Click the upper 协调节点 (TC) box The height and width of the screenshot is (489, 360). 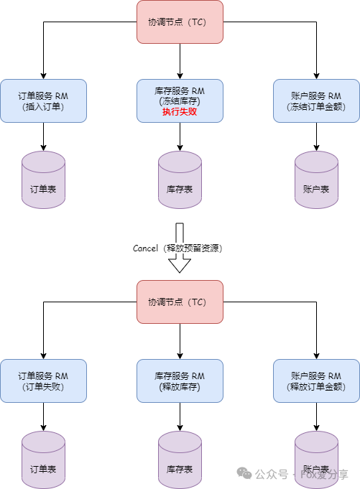click(x=180, y=22)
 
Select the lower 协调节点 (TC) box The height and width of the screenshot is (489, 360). click(x=180, y=302)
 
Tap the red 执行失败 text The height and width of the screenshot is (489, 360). click(x=180, y=111)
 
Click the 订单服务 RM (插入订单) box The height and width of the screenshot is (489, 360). click(x=43, y=101)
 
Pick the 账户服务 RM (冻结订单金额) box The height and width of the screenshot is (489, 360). click(x=316, y=101)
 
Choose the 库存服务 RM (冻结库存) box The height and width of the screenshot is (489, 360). click(x=180, y=101)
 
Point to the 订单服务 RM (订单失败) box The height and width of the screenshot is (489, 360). click(x=43, y=381)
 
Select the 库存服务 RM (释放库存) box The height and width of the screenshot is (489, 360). click(x=180, y=381)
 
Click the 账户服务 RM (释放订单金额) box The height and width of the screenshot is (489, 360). click(x=316, y=381)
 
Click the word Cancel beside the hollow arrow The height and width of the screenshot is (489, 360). click(x=145, y=248)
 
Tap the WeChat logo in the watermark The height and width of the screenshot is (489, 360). click(x=244, y=473)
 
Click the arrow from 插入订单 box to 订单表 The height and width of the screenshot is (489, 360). click(x=43, y=137)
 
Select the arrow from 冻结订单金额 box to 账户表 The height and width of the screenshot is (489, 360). click(x=316, y=137)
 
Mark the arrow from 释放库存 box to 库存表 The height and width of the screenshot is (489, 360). click(x=180, y=417)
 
